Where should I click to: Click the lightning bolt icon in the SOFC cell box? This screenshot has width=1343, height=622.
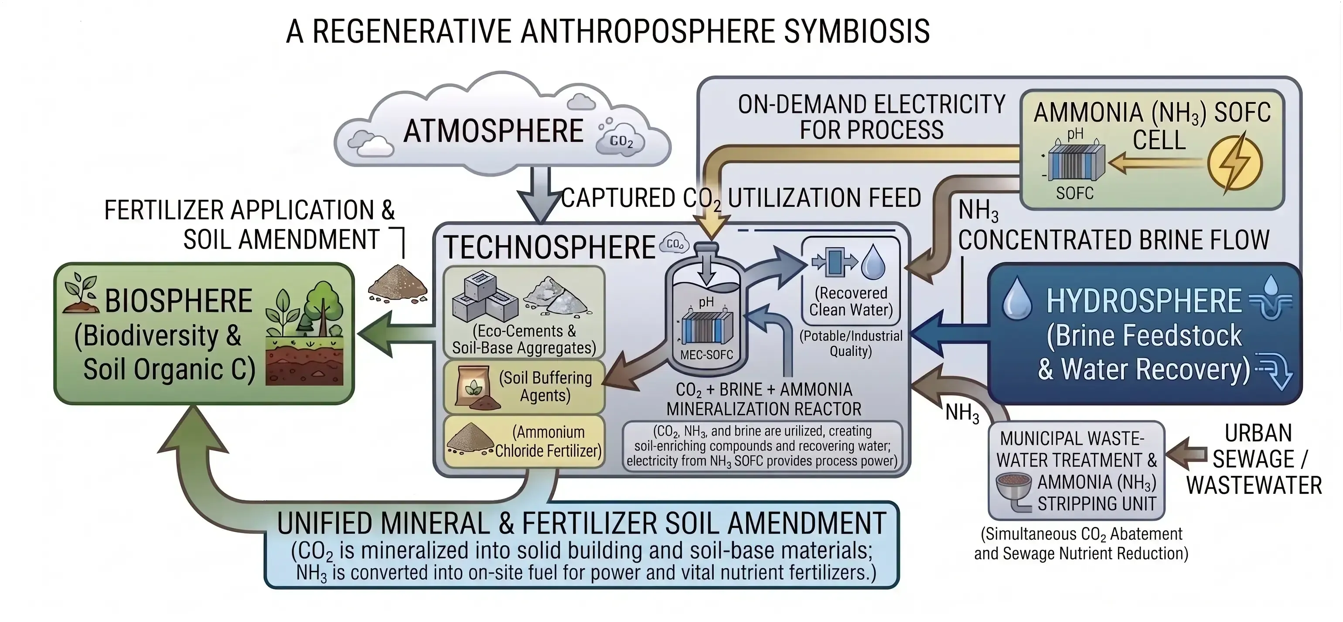click(x=1235, y=162)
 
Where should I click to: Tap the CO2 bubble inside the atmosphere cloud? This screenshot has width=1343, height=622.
click(x=620, y=140)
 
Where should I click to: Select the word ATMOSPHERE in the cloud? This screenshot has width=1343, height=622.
click(x=493, y=131)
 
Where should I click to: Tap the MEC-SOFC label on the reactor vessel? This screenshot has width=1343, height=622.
click(x=706, y=355)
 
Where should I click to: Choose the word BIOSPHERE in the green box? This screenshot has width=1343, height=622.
click(x=178, y=301)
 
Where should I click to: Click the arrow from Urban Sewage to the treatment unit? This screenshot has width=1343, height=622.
click(x=1186, y=454)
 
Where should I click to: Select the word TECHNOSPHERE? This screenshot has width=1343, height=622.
click(x=549, y=247)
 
